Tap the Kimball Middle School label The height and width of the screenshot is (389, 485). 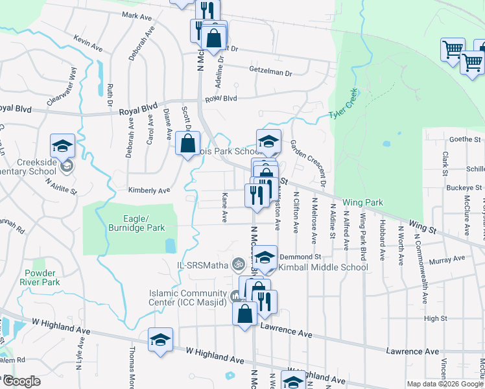pos(323,267)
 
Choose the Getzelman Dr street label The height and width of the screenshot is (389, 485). pos(270,70)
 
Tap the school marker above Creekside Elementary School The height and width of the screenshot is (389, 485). pos(63,147)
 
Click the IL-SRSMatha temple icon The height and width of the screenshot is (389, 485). pos(238,264)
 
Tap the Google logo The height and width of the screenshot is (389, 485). pos(21,381)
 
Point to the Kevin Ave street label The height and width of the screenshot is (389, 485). pos(88,43)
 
